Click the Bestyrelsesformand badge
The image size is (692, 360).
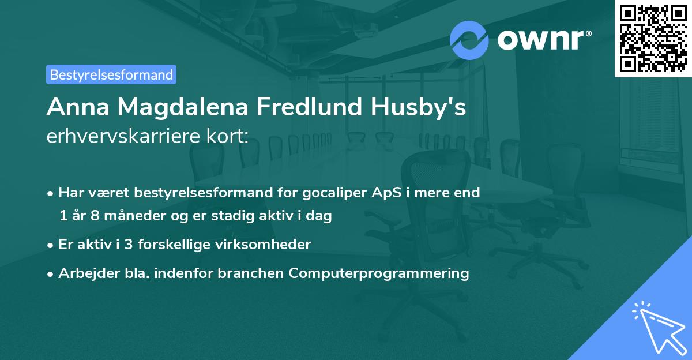pyautogui.click(x=111, y=74)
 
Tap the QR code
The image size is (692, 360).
pyautogui.click(x=652, y=38)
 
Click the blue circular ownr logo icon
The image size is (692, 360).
pyautogui.click(x=469, y=40)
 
